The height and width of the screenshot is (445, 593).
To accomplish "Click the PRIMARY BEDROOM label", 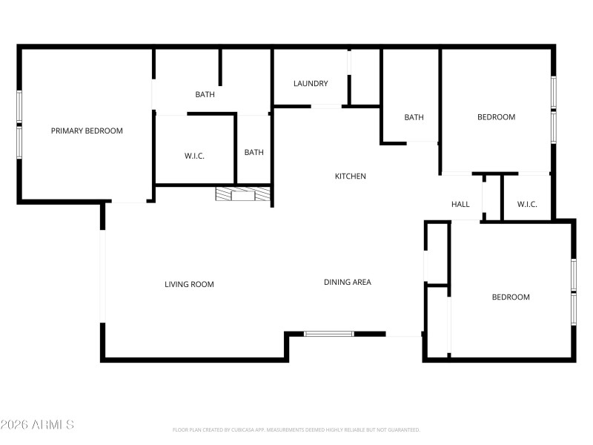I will pos(87,131).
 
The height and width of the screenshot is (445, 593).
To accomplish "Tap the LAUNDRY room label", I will pos(311,84).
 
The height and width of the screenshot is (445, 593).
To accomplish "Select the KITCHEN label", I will pos(351,177).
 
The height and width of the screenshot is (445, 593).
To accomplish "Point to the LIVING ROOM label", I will pos(189,284).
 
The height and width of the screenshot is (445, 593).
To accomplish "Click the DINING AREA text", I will pos(347,282).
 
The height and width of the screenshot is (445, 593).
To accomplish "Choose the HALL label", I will pos(460,205).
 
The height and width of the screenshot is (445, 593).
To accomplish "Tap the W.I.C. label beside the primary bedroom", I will pos(194,156).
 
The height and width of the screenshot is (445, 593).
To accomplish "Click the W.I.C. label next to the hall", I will pos(527,205).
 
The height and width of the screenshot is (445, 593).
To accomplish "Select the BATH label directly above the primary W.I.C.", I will pos(205,94).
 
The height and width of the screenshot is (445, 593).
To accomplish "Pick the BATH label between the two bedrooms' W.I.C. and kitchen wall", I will pos(254,153).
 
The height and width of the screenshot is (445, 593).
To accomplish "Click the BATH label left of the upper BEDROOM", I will pos(414,117).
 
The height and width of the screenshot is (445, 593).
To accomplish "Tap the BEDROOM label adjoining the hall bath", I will pos(496,117).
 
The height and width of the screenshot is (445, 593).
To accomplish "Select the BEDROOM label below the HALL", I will pos(511,297).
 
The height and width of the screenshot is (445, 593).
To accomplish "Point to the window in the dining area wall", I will pos(329,334).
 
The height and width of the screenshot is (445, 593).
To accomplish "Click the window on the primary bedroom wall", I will pos(19,124).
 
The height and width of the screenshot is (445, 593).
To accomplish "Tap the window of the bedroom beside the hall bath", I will pos(553,109).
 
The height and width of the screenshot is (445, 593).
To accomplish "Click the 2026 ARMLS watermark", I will pos(37,425).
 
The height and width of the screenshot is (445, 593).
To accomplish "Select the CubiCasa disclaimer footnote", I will pos(296,429).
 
